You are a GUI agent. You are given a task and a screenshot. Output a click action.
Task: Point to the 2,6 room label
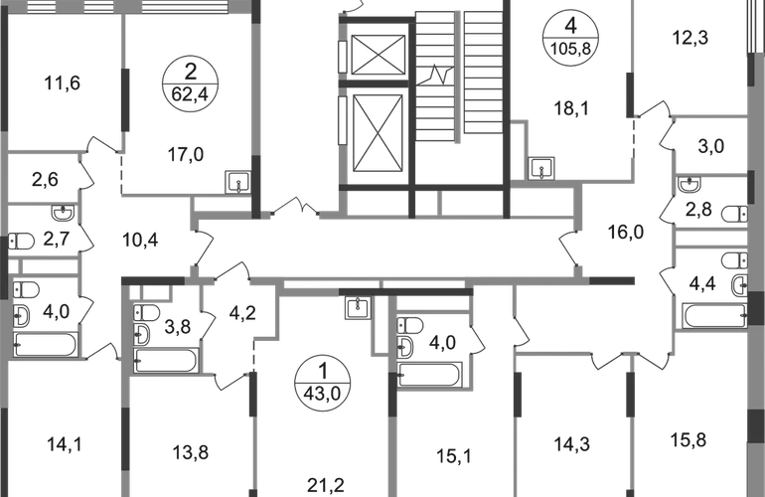43,181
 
